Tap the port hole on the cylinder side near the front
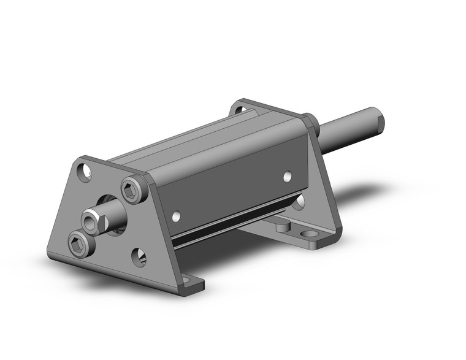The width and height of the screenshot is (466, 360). tap(177, 216)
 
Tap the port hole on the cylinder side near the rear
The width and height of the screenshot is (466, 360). tap(287, 177)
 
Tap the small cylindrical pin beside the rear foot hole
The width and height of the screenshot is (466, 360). tap(283, 227)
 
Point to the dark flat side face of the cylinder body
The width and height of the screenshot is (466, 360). tap(233, 184)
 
